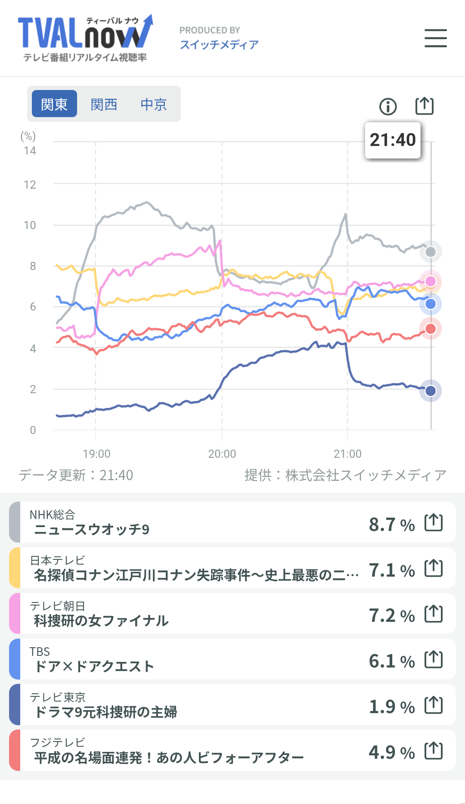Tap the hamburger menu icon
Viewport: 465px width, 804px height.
pos(435,38)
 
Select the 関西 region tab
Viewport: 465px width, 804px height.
pos(104,104)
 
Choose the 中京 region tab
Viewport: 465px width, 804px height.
pos(153,104)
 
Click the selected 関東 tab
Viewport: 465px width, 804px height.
pos(54,104)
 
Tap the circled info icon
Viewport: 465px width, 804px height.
pos(388,106)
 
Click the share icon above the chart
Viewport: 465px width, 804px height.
pos(424,106)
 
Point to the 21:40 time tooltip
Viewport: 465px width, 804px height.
pos(392,140)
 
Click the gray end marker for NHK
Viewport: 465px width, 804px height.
pos(430,252)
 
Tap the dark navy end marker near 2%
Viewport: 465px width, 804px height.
pos(430,391)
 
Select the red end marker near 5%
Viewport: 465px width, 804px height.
pos(430,329)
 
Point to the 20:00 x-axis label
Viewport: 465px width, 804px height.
pos(222,454)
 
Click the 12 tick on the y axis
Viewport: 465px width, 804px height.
pos(30,185)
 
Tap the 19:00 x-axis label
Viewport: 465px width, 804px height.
pos(96,454)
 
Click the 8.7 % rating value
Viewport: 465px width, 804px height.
pos(391,525)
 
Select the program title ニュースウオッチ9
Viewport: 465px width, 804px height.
pos(92,529)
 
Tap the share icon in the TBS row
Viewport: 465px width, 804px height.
pos(433,659)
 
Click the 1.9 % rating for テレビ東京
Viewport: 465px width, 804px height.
pos(391,707)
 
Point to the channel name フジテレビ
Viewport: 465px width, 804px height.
pos(58,742)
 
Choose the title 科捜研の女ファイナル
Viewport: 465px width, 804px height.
pos(101,621)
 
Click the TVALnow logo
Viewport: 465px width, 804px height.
pos(85,38)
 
